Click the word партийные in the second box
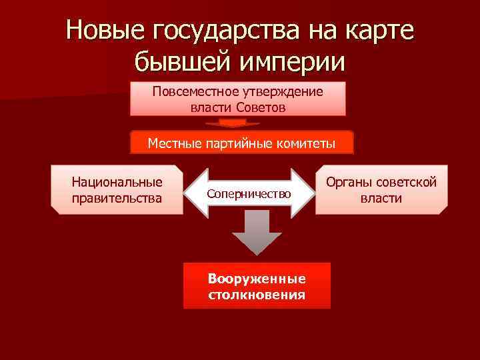pyautogui.click(x=242, y=143)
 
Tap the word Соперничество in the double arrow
pyautogui.click(x=249, y=193)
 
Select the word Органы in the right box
pyautogui.click(x=348, y=182)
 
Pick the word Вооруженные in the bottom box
pyautogui.click(x=257, y=279)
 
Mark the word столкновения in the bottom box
pyautogui.click(x=257, y=294)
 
